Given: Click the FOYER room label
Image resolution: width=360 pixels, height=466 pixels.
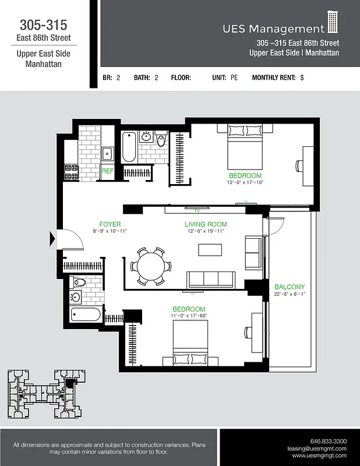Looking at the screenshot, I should [x=110, y=224].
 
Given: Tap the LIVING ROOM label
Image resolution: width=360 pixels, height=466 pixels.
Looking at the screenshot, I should [x=206, y=224].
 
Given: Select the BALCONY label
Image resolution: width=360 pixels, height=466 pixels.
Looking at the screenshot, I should [x=290, y=287].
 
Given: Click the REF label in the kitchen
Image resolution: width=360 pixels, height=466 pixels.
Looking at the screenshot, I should [x=107, y=171].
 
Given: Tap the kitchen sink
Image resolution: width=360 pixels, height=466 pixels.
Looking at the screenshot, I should [x=107, y=154].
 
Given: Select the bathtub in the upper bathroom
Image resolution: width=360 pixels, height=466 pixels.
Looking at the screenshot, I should [x=129, y=148].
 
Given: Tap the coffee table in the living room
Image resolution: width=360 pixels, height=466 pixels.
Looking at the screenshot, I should [x=210, y=249].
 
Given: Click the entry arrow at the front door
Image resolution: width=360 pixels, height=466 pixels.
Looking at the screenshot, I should [x=54, y=238].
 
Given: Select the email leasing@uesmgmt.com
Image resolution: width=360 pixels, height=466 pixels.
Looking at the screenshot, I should [x=317, y=449].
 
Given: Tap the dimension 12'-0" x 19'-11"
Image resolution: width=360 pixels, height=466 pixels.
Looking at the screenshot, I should [x=206, y=231].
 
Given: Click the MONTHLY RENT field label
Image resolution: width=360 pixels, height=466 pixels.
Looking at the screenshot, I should [x=273, y=77].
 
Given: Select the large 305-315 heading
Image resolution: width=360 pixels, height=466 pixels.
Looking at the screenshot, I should [x=43, y=25].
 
